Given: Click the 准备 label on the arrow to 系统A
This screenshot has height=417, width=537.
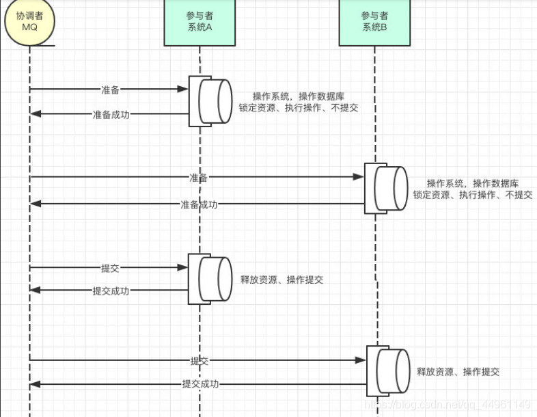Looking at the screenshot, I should point(110,90).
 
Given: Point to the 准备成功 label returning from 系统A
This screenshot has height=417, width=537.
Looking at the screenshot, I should point(111,114).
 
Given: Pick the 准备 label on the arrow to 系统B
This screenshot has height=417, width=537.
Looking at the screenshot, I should point(199,178).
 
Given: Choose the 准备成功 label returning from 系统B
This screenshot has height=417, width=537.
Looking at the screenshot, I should point(199,204).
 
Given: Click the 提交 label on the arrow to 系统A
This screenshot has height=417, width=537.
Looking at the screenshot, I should point(110,267).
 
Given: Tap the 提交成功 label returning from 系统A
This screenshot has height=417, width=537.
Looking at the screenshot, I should point(111,291).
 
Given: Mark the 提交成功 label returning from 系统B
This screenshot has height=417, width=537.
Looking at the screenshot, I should point(199,384).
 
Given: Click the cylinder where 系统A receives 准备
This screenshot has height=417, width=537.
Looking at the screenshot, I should point(215,101).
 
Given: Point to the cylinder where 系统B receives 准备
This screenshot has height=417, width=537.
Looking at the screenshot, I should point(390,189).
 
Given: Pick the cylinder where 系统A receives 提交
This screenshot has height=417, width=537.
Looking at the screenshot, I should point(215,279).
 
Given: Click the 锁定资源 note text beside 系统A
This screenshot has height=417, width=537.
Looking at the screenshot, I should point(299,108).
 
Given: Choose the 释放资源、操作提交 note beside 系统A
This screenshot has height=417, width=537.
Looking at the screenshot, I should point(281,280).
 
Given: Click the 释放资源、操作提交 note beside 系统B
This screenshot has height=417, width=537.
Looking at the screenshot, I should point(458,372).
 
